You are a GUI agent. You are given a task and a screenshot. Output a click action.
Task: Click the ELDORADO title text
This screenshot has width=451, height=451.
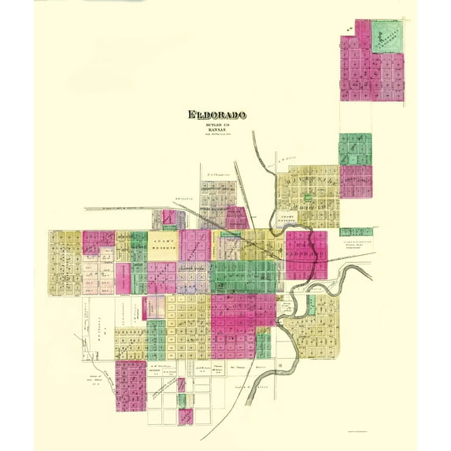tap(216, 115)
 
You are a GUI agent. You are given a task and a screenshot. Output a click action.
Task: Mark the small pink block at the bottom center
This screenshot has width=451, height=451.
tap(186, 416)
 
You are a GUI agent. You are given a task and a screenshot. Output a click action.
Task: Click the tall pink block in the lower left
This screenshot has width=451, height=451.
tap(131, 385)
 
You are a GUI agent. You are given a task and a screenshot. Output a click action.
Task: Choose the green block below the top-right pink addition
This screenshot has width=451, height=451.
tap(355, 149)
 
